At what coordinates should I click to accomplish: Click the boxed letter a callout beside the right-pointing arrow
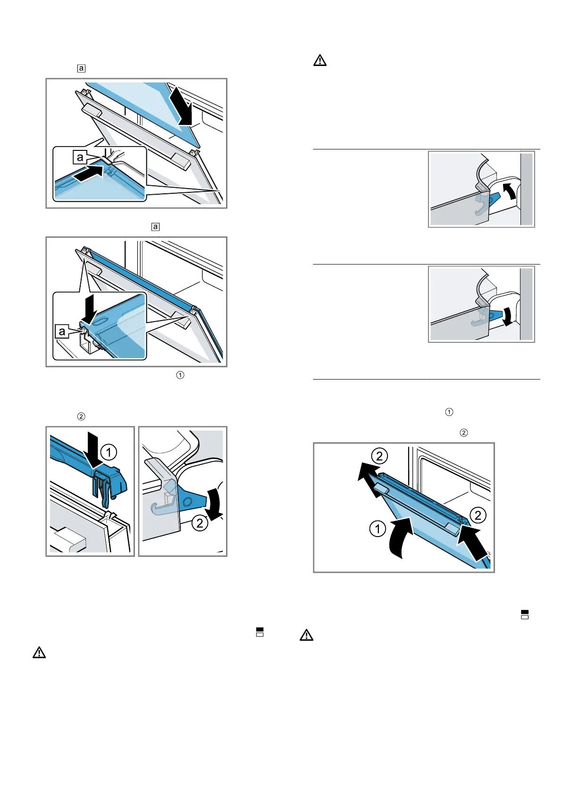[x=80, y=157]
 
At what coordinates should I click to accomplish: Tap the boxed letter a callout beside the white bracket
[x=62, y=331]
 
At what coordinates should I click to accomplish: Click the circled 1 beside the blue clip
[x=109, y=453]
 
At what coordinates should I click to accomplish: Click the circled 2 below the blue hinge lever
[x=200, y=523]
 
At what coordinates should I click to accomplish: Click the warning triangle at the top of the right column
[x=320, y=61]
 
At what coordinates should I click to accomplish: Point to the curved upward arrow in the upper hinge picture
[x=509, y=192]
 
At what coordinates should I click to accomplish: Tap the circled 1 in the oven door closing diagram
[x=377, y=529]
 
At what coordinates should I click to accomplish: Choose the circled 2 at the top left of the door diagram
[x=379, y=456]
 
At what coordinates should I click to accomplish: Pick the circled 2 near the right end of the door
[x=478, y=515]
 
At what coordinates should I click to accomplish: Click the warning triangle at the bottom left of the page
[x=39, y=653]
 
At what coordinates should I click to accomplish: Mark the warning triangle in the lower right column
[x=306, y=636]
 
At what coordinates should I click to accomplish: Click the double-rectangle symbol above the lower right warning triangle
[x=524, y=614]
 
